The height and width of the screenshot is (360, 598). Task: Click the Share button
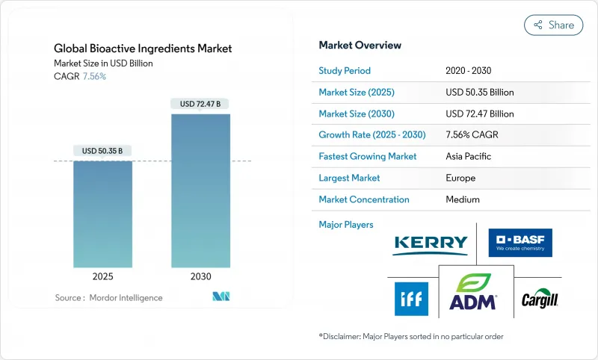click(x=554, y=25)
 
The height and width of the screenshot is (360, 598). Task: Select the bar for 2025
click(x=103, y=214)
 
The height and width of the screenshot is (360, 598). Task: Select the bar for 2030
click(x=200, y=190)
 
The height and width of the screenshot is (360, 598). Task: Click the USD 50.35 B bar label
click(x=103, y=151)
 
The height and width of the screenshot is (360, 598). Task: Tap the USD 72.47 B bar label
click(x=200, y=104)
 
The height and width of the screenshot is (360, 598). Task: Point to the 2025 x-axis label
click(x=103, y=276)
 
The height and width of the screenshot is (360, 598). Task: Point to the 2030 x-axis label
click(x=200, y=276)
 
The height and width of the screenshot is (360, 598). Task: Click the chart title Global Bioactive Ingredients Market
click(x=143, y=49)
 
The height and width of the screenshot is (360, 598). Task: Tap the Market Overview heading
click(x=360, y=45)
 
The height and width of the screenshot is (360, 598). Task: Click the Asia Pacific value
click(x=469, y=157)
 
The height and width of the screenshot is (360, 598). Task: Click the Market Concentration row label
click(x=364, y=199)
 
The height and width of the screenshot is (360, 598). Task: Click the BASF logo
click(x=520, y=243)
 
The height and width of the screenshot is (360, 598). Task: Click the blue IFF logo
click(x=411, y=299)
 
